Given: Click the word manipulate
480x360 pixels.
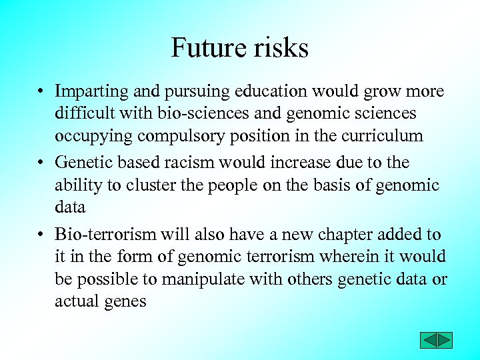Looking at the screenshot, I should (199, 279).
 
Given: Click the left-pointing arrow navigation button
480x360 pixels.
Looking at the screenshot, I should (428, 340).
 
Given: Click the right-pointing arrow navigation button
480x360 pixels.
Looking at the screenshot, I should (445, 340).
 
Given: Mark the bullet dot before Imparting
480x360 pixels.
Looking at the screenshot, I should (41, 92).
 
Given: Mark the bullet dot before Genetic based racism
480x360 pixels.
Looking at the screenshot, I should (41, 163).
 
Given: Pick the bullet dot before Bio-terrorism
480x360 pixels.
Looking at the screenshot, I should (41, 235).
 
